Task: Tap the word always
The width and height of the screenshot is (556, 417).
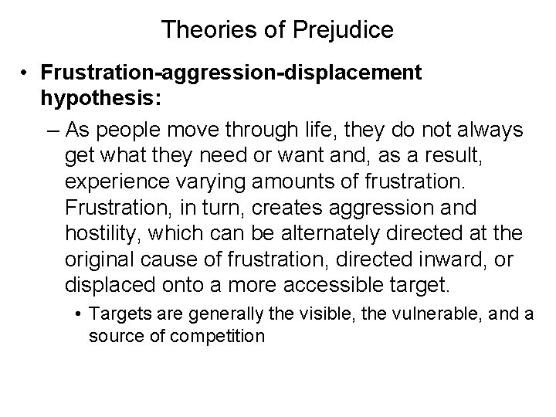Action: point(484,128)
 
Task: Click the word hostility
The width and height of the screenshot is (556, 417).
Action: point(102,234)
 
